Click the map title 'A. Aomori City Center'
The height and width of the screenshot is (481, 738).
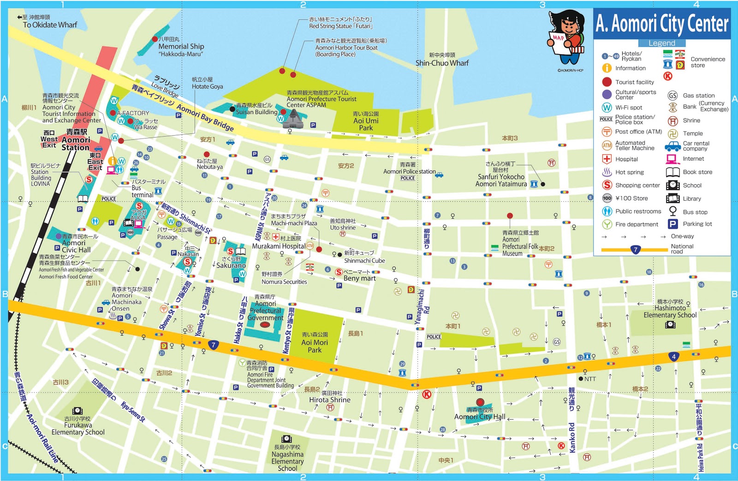pyautogui.click(x=662, y=23)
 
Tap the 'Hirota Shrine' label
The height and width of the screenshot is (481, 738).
pyautogui.click(x=330, y=400)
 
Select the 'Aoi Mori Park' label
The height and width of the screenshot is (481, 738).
pyautogui.click(x=315, y=346)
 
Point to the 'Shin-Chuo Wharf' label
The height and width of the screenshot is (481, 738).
pyautogui.click(x=442, y=63)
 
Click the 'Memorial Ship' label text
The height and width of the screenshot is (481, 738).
pyautogui.click(x=181, y=47)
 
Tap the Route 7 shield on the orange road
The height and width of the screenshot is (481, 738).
pyautogui.click(x=213, y=345)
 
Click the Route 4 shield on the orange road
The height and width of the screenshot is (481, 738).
pyautogui.click(x=673, y=356)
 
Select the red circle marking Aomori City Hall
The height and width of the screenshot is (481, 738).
pyautogui.click(x=480, y=402)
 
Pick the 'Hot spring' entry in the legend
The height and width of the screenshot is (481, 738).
pyautogui.click(x=629, y=172)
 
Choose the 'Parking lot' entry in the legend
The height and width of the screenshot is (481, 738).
pyautogui.click(x=697, y=224)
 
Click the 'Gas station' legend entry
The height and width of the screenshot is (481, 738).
pyautogui.click(x=698, y=96)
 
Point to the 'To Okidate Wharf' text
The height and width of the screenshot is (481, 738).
pyautogui.click(x=50, y=25)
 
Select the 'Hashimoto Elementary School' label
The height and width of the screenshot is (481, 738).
pyautogui.click(x=670, y=312)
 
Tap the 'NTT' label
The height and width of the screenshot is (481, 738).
pyautogui.click(x=590, y=379)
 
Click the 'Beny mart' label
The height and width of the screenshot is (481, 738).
pyautogui.click(x=359, y=278)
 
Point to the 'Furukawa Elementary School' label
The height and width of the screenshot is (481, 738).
pyautogui.click(x=78, y=428)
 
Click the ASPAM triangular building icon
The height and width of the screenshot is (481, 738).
pyautogui.click(x=292, y=120)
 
